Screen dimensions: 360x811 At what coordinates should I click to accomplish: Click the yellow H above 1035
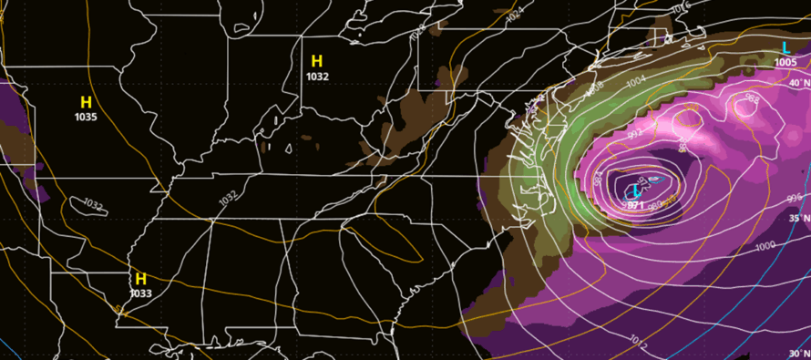87,102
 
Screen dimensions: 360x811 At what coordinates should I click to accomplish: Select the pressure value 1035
87,117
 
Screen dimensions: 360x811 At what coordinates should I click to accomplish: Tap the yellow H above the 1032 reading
317,61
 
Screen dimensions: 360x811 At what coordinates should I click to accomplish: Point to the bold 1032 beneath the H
317,77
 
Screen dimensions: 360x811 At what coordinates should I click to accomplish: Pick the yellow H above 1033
140,278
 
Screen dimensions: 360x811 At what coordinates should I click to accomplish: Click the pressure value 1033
140,293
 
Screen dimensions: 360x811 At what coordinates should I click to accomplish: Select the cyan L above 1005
785,47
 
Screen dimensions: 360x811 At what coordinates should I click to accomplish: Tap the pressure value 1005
785,62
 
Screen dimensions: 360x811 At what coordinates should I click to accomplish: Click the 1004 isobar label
635,79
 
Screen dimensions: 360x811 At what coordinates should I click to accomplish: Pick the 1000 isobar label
765,246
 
